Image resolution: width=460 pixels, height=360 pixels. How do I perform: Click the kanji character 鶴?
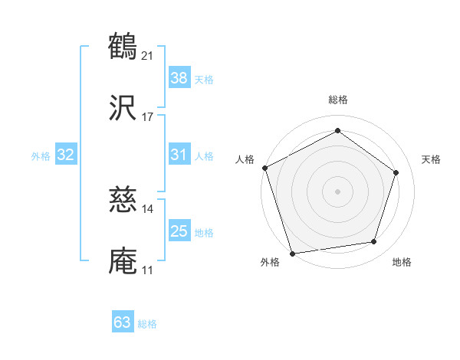pos(123,47)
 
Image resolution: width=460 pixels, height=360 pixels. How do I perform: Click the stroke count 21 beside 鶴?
pos(148,55)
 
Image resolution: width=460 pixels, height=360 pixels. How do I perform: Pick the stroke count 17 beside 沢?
pos(148,117)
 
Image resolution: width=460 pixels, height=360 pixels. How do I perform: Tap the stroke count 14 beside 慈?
pos(148,208)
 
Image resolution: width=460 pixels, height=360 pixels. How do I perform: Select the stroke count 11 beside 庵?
pos(148,270)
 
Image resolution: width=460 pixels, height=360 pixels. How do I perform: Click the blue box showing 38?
pos(179,78)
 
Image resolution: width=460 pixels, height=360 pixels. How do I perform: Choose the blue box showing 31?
pos(179,155)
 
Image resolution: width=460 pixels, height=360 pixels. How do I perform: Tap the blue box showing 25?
pos(179,231)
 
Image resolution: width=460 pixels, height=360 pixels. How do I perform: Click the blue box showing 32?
pos(66,155)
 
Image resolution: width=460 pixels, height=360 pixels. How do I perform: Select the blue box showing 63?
pos(123,322)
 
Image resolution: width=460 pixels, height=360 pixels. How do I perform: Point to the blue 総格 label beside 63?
pos(147,324)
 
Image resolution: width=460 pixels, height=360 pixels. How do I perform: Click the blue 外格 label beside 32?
pos(41,156)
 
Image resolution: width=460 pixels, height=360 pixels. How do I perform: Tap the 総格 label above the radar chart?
pos(338,100)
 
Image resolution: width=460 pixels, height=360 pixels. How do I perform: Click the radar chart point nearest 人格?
pos(264,168)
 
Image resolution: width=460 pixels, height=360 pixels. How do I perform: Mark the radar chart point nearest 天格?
pos(396,172)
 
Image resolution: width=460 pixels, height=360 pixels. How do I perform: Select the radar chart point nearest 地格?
pos(373,241)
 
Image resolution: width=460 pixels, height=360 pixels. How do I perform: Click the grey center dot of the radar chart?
pos(338,191)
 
